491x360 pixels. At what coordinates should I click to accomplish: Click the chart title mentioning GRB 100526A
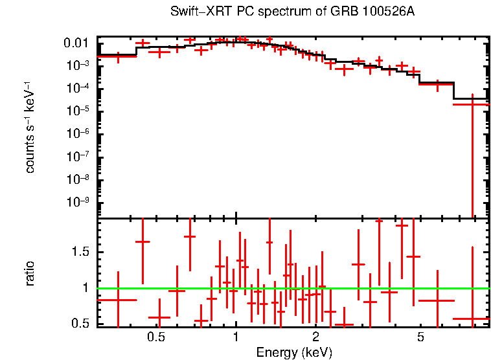coord(292,12)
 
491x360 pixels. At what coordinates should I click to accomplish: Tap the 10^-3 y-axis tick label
coord(78,65)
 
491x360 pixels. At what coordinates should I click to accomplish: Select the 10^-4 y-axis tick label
coord(78,88)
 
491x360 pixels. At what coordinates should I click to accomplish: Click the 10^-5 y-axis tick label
coord(78,111)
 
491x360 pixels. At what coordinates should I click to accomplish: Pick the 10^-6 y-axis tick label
coord(78,133)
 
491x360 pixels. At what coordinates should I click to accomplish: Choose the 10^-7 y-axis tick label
coord(78,157)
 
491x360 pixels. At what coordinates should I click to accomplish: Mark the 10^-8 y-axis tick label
coord(78,179)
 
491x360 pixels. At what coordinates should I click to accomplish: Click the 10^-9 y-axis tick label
coord(78,202)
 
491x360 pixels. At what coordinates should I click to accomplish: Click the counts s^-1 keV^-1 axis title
coord(30,128)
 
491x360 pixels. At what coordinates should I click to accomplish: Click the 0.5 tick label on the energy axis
coord(155,338)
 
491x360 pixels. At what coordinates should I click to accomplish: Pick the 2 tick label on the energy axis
coord(315,338)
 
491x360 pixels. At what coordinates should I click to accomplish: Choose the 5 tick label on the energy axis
coord(420,338)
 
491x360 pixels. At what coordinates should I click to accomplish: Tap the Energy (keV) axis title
coord(294,352)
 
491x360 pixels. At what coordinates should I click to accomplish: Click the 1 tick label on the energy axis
coord(236,338)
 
